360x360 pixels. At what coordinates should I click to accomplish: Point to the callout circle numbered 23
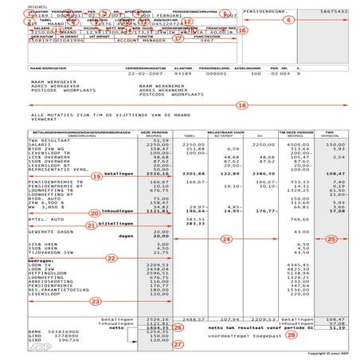[96, 301]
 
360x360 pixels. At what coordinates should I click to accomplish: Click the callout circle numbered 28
[269, 335]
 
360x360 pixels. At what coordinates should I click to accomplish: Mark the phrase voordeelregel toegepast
[226, 335]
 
